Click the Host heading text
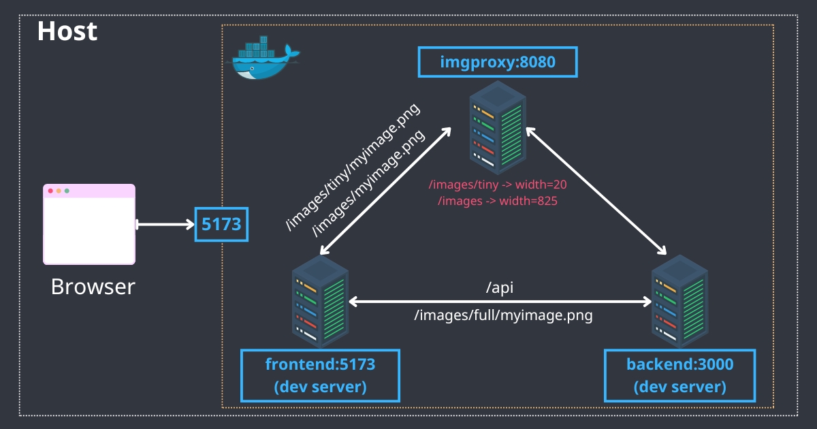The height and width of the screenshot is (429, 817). [67, 31]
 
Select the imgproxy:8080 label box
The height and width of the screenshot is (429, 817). [498, 63]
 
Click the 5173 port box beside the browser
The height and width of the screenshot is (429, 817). [222, 224]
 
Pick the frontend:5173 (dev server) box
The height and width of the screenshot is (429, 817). [320, 375]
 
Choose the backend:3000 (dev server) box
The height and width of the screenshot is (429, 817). [679, 375]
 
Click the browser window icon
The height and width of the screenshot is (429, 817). [89, 224]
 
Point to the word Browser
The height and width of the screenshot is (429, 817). [93, 287]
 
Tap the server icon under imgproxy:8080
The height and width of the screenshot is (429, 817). [498, 128]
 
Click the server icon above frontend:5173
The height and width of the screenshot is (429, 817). [320, 302]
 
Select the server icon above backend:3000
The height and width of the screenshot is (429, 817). [679, 302]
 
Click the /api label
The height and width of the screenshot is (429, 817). [499, 288]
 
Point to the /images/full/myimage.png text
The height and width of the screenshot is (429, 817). [503, 316]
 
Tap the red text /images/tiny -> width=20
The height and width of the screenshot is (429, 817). [498, 185]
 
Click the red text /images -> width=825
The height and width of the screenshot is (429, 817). [498, 201]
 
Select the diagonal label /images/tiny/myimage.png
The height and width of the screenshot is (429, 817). [353, 168]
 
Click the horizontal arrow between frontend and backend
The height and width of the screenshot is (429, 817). [499, 301]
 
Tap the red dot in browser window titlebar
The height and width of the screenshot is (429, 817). [50, 191]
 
